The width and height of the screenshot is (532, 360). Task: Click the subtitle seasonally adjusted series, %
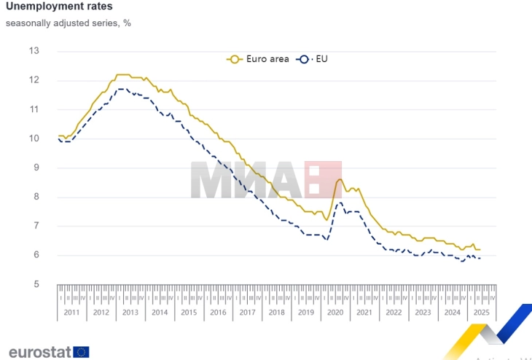tap(69, 23)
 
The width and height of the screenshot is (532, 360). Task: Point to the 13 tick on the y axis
tap(34, 51)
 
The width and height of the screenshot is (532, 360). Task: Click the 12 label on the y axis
tap(34, 80)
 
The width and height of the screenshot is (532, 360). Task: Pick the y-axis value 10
tap(34, 138)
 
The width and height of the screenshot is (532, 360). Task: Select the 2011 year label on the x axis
tap(72, 313)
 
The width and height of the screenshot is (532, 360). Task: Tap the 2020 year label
tap(335, 313)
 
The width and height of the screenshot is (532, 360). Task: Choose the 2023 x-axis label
tap(423, 313)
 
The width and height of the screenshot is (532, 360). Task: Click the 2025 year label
tap(481, 313)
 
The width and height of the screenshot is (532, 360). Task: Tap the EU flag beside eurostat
tap(81, 352)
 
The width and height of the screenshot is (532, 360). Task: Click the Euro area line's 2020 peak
tap(339, 179)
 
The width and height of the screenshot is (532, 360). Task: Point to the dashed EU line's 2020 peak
tap(339, 203)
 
